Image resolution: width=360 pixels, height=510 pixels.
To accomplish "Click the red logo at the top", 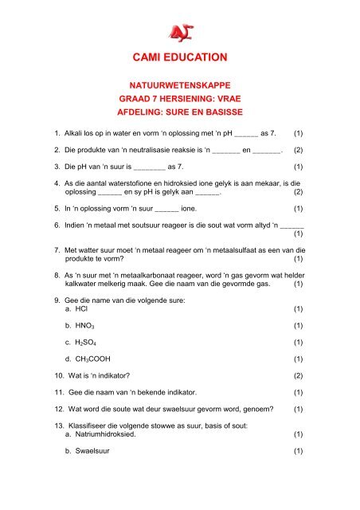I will click(179, 30).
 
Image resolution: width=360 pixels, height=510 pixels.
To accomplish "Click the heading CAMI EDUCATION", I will click(180, 57).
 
